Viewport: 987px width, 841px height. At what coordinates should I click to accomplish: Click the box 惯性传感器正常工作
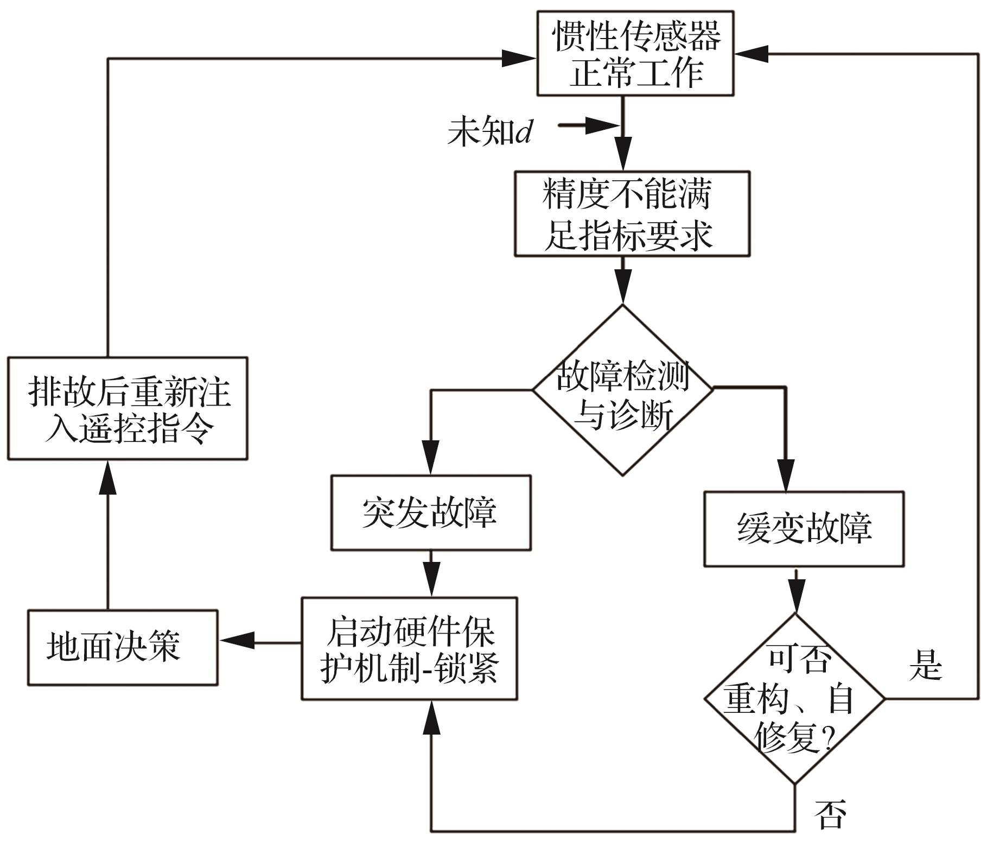(x=635, y=54)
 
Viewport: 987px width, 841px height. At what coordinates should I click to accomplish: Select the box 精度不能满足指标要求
(x=632, y=214)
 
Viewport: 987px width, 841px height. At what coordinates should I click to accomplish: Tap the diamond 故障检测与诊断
(x=622, y=390)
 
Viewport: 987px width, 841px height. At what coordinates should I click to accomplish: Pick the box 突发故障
(x=431, y=513)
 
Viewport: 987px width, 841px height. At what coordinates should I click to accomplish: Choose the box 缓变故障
(x=804, y=529)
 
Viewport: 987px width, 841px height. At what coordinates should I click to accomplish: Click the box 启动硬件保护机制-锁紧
(x=409, y=648)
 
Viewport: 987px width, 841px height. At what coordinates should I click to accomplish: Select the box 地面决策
(x=123, y=647)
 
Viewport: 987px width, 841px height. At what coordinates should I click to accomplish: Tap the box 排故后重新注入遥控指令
(x=128, y=408)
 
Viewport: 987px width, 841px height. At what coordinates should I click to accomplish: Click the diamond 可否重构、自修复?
(x=795, y=698)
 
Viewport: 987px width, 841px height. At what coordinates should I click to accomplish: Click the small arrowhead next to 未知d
(x=602, y=126)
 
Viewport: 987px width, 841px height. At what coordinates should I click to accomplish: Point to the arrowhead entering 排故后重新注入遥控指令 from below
(x=107, y=477)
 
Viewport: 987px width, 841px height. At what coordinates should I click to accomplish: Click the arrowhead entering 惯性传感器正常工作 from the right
(x=752, y=54)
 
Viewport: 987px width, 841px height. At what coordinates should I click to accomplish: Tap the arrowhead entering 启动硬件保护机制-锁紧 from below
(x=431, y=717)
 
